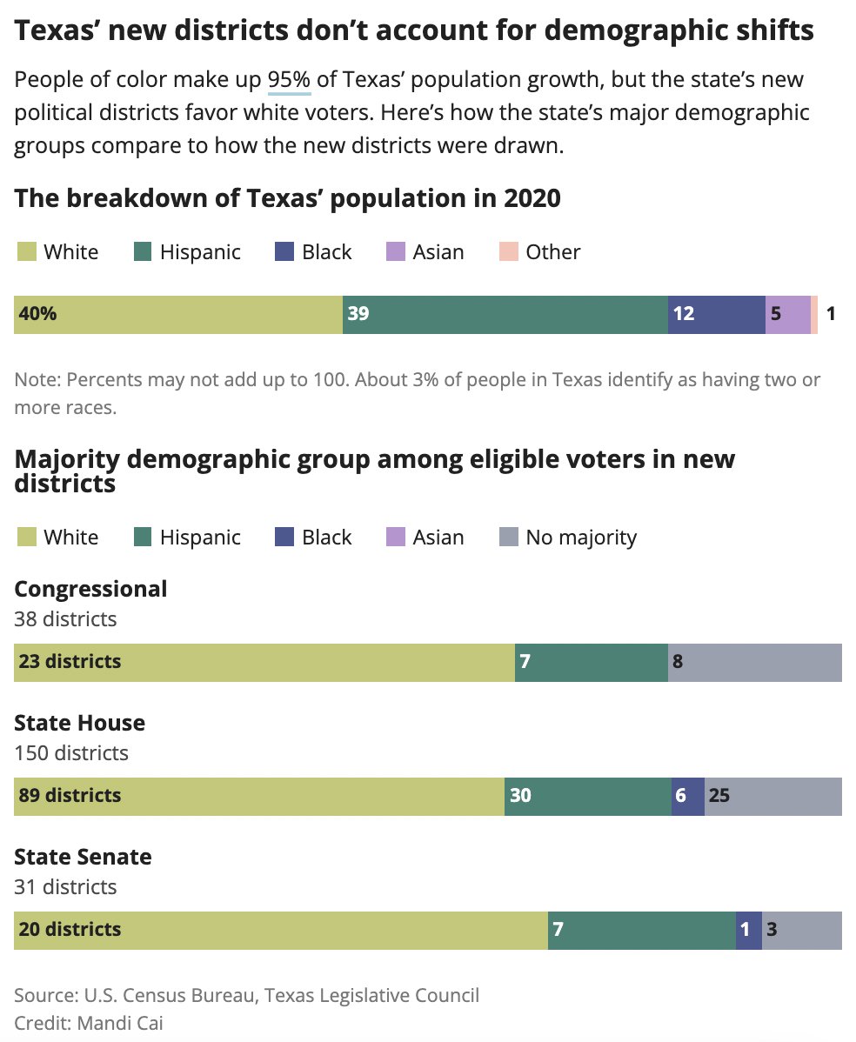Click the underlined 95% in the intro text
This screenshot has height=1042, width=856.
tap(289, 80)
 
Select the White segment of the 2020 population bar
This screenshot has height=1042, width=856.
tap(178, 314)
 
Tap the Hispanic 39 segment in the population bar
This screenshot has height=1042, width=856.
tap(505, 314)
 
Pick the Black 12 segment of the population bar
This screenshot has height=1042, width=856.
tap(716, 314)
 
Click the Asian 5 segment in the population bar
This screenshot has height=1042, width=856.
tap(787, 314)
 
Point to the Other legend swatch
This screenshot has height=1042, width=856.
tap(508, 252)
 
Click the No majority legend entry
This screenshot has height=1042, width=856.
tap(568, 538)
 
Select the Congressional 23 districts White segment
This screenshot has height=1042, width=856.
tap(264, 662)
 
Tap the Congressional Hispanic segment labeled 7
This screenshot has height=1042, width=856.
tap(592, 662)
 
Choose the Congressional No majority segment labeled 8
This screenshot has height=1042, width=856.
tap(755, 662)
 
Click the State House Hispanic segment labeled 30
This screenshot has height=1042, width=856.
tap(588, 796)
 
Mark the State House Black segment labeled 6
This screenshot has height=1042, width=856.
tap(687, 796)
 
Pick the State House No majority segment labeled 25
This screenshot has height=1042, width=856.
tap(773, 796)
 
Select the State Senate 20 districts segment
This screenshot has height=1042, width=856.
tap(281, 930)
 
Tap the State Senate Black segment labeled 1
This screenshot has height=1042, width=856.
tap(748, 930)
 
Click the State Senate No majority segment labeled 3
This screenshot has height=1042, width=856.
tap(802, 930)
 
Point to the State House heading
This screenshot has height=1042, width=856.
tap(80, 723)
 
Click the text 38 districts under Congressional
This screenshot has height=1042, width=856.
tap(65, 619)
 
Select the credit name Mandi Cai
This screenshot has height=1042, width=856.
tap(120, 1023)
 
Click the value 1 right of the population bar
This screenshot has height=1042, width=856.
tap(831, 314)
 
